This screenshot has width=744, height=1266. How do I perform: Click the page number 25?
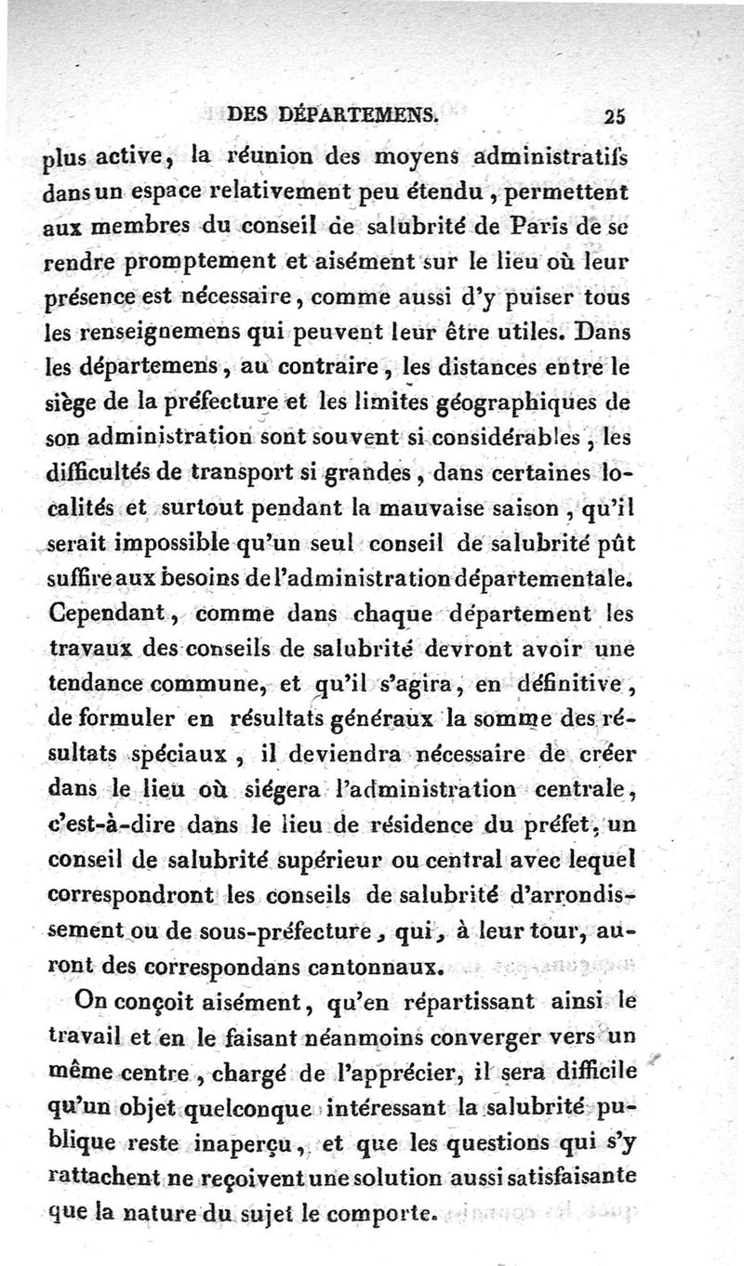615,117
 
